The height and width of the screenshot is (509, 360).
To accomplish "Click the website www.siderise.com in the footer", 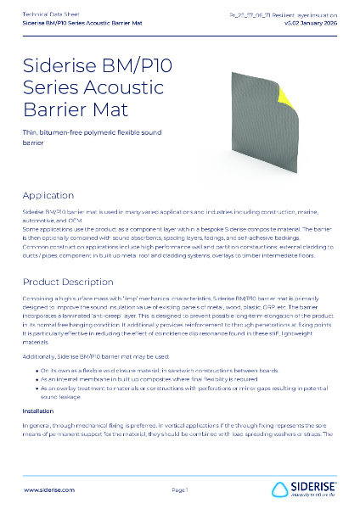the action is tap(49, 489).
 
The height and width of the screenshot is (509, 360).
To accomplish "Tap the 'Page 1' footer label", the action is tap(180, 489).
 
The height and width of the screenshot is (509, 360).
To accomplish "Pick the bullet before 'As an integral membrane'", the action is tap(37, 358).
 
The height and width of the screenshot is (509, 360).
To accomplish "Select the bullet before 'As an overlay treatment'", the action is tap(37, 367).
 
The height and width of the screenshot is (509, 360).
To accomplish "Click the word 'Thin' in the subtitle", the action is tap(31, 134).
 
